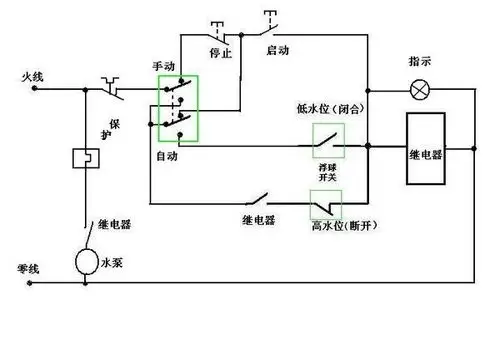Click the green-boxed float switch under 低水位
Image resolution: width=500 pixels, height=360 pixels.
[x=329, y=142]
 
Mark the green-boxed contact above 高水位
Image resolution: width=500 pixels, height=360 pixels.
[x=327, y=205]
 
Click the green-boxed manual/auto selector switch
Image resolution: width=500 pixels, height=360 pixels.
[x=179, y=108]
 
